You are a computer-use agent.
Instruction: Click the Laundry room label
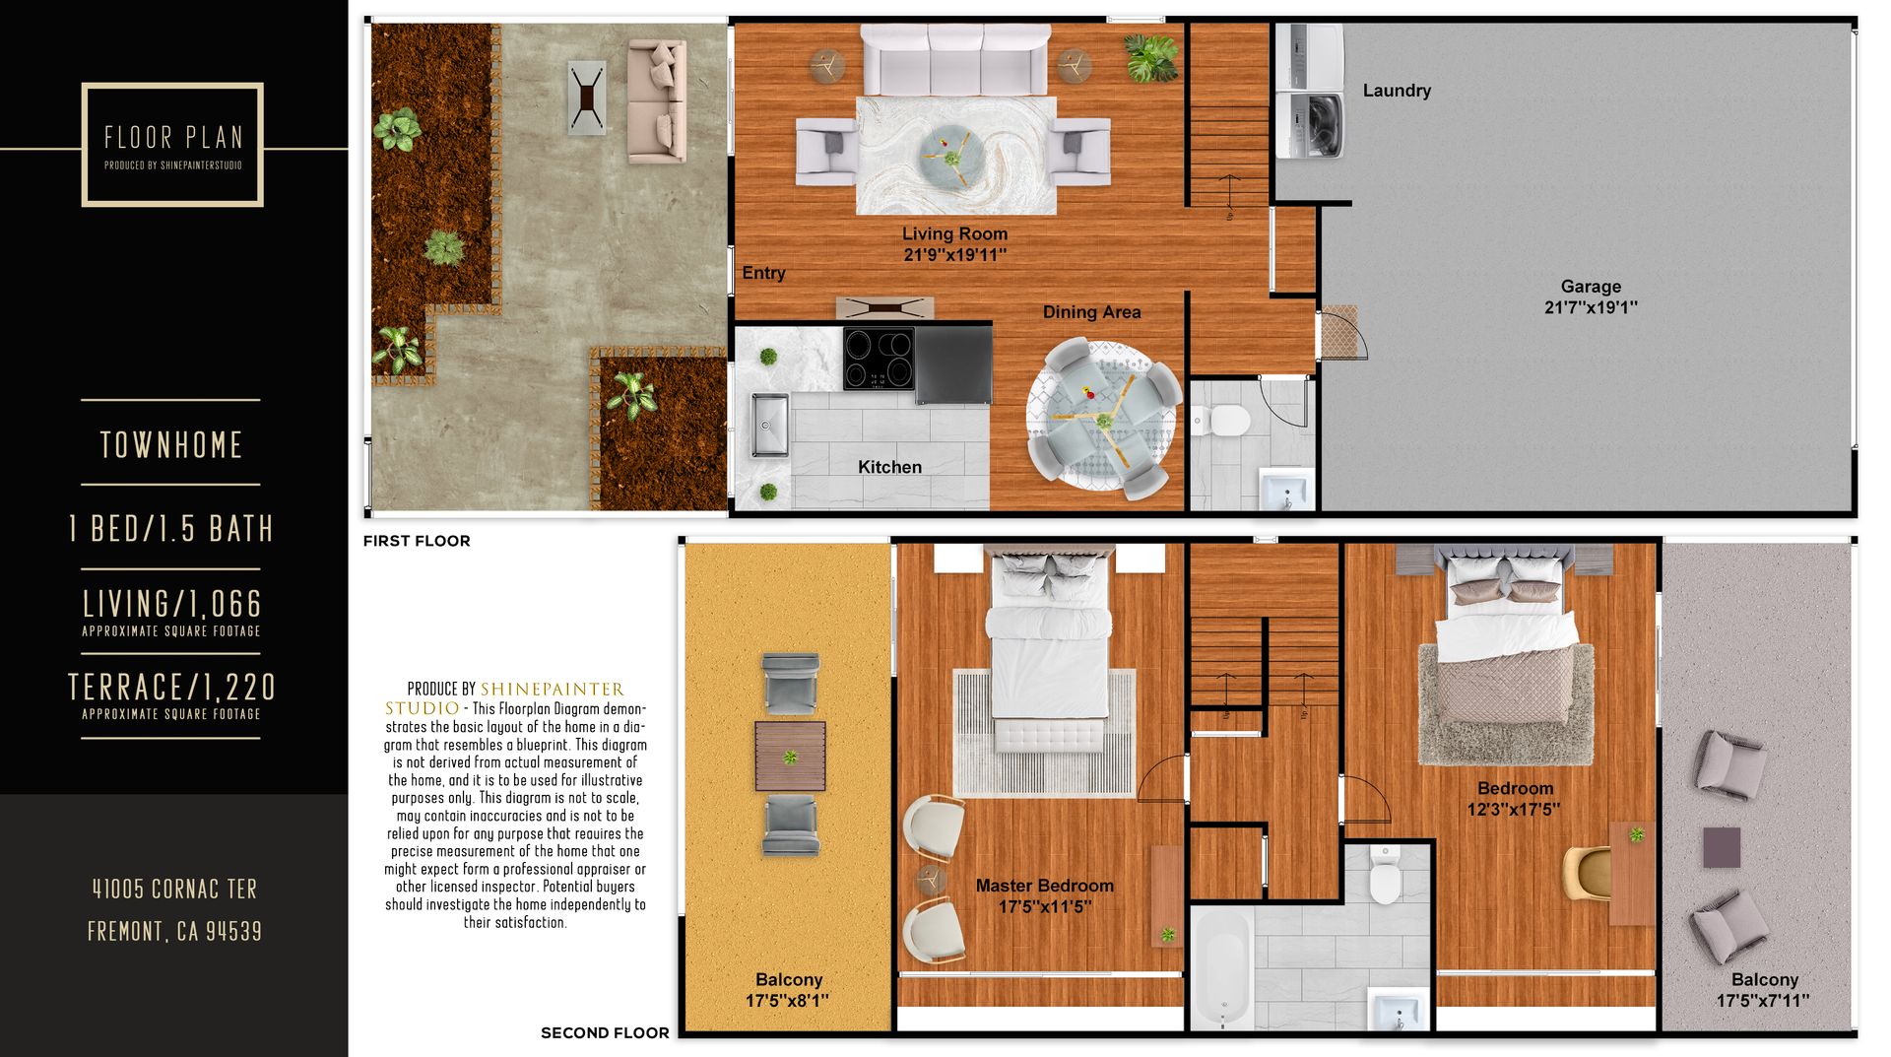point(1397,91)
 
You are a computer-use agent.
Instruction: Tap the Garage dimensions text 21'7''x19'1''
point(1591,307)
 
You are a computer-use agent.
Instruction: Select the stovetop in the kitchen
point(880,359)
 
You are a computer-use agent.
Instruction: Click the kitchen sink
point(770,425)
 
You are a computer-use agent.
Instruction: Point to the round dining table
point(1102,417)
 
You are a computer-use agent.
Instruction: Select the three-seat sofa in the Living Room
point(954,60)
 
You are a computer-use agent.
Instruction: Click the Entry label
point(763,273)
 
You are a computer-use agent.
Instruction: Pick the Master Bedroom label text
point(1045,886)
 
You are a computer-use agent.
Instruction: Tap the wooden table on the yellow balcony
point(790,757)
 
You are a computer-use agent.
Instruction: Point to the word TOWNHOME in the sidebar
point(171,445)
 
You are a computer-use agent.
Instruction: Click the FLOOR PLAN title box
point(172,145)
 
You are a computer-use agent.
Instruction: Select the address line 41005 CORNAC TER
point(174,890)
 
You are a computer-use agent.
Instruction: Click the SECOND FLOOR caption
point(605,1033)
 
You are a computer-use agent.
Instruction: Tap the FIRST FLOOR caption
point(417,541)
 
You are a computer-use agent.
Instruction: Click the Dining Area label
point(1091,312)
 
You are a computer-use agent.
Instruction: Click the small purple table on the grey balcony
point(1722,847)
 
